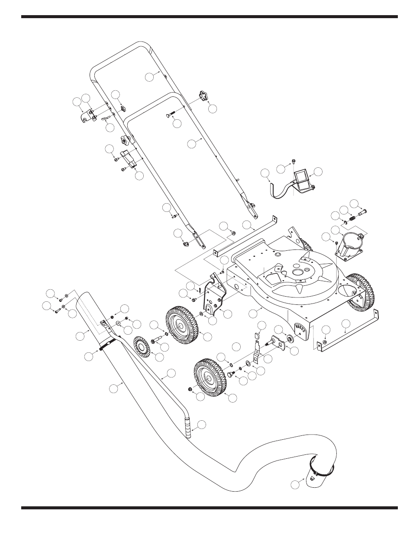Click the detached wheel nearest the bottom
[x=210, y=376]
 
